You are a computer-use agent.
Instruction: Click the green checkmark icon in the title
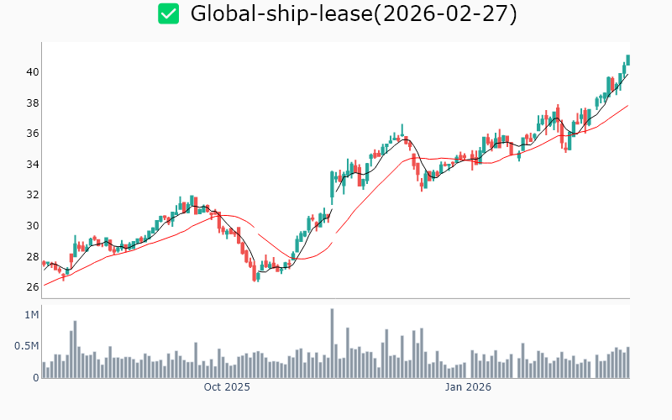click(x=169, y=13)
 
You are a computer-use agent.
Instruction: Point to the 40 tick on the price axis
click(x=32, y=72)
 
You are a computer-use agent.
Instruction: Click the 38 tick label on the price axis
click(x=32, y=103)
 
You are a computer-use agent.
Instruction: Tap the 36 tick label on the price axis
click(x=32, y=134)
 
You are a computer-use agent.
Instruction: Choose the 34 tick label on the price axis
click(x=32, y=164)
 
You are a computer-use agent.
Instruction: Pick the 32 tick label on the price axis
click(x=32, y=195)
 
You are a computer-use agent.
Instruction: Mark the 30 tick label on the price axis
click(x=32, y=225)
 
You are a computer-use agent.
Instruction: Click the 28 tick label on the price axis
click(x=32, y=256)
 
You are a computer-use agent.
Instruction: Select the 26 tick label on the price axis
click(x=32, y=286)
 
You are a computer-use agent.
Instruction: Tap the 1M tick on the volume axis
click(x=32, y=315)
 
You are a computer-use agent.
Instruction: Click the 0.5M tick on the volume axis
click(x=28, y=346)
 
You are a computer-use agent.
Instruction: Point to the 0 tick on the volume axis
click(x=35, y=377)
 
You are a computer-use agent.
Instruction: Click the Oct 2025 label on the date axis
click(x=227, y=387)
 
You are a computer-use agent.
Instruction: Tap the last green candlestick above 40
click(x=627, y=60)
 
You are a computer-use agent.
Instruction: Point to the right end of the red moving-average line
click(x=627, y=106)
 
